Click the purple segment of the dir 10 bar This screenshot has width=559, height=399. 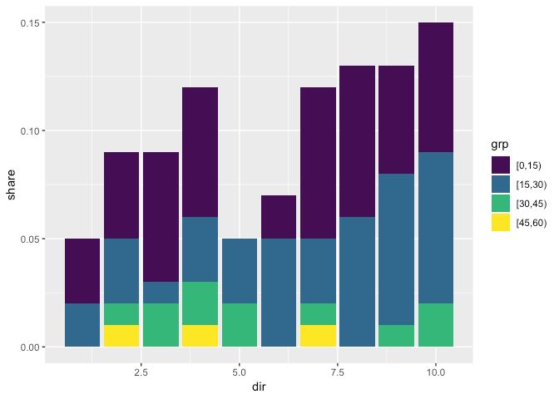tap(435, 87)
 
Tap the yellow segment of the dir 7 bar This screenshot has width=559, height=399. tap(318, 336)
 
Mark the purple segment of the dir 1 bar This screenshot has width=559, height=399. tap(82, 271)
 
